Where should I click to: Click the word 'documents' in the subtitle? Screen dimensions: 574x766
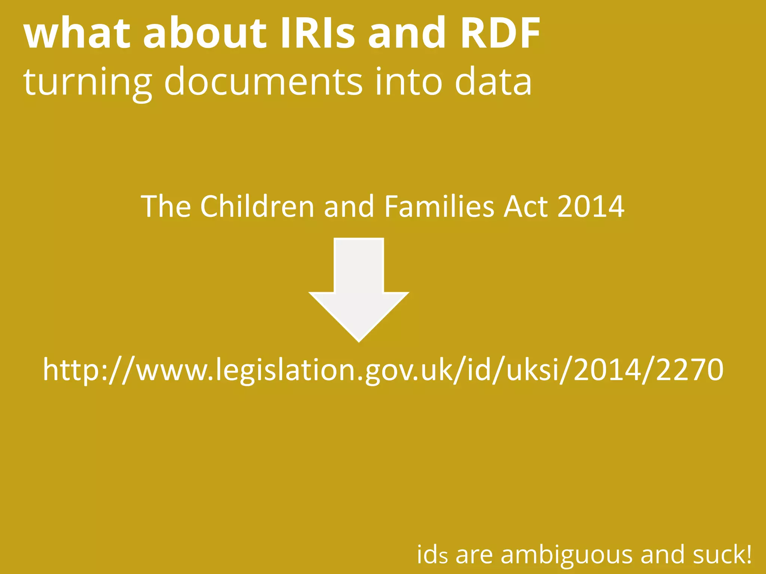coord(263,81)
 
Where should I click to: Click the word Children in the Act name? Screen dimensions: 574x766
coord(257,206)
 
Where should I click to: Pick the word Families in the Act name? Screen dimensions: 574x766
coord(439,206)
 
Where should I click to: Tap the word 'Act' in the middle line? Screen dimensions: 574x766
coord(525,206)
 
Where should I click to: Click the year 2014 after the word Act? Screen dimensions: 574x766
coord(591,206)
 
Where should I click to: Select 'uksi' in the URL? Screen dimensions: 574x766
coord(535,370)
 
